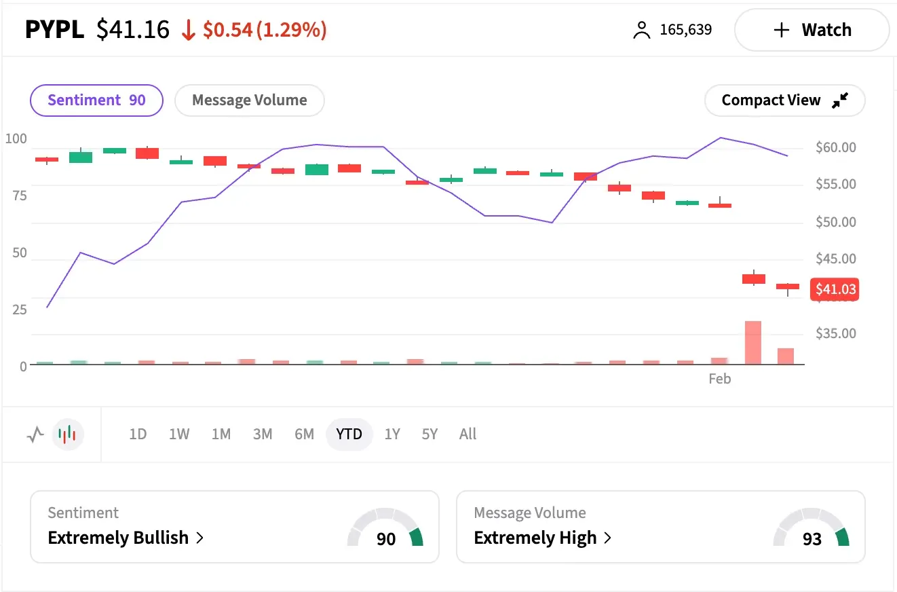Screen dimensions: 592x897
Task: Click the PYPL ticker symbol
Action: pyautogui.click(x=54, y=30)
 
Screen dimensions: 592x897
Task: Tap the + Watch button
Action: pyautogui.click(x=812, y=30)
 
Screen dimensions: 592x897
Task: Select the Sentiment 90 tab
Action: pyautogui.click(x=96, y=100)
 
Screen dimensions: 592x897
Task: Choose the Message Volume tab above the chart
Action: pyautogui.click(x=249, y=100)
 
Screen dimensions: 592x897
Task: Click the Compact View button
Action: pyautogui.click(x=784, y=100)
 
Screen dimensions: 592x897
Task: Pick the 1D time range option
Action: pyautogui.click(x=138, y=434)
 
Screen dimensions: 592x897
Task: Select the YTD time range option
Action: pyautogui.click(x=349, y=434)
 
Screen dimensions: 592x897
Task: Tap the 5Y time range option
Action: pyautogui.click(x=430, y=434)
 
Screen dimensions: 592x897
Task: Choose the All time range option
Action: pyautogui.click(x=467, y=434)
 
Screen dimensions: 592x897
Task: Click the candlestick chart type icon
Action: pyautogui.click(x=68, y=434)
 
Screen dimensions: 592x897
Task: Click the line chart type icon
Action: pyautogui.click(x=35, y=434)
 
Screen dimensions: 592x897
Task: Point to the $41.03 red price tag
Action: pyautogui.click(x=835, y=290)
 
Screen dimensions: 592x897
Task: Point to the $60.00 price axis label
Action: pyautogui.click(x=835, y=147)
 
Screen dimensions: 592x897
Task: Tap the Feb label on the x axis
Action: pyautogui.click(x=719, y=379)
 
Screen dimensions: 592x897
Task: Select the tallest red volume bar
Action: pyautogui.click(x=753, y=343)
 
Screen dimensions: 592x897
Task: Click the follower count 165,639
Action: pyautogui.click(x=685, y=30)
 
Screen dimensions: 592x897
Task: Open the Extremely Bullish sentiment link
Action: pyautogui.click(x=126, y=538)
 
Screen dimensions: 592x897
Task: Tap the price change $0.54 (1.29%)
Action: pyautogui.click(x=265, y=30)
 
